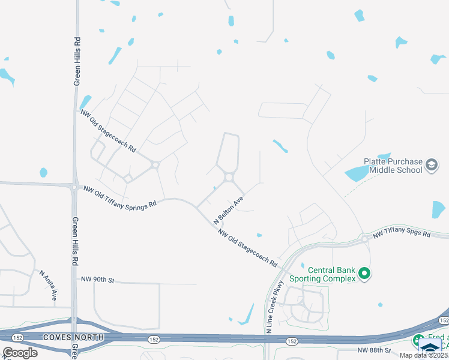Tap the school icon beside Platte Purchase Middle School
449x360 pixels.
click(432, 165)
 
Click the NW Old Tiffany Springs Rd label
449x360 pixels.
click(120, 196)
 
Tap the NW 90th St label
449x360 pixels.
click(97, 280)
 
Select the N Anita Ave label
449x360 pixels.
click(49, 285)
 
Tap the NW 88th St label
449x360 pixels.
click(374, 350)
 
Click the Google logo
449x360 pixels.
click(20, 352)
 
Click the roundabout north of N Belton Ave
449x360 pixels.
click(229, 177)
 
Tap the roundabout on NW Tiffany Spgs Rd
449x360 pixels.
click(364, 239)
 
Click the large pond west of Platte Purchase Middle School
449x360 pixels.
click(361, 173)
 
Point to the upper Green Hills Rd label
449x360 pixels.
click(77, 62)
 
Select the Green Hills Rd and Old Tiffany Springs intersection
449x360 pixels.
click(74, 187)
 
